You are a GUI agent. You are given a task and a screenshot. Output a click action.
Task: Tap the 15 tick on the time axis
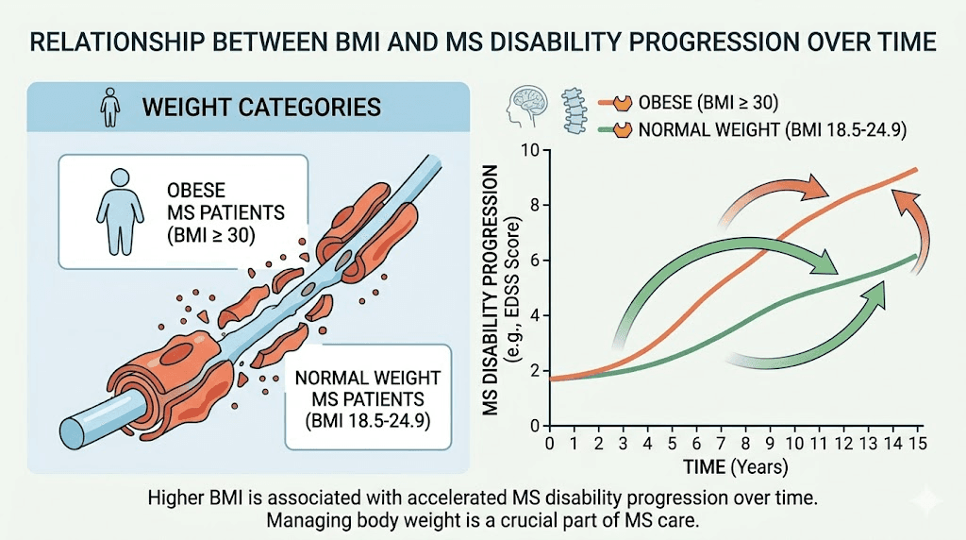(913, 442)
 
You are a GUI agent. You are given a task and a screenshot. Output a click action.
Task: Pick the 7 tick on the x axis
(720, 442)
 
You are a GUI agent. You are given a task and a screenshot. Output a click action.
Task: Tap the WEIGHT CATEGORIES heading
(261, 106)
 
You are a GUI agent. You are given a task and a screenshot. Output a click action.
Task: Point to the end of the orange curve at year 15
(916, 170)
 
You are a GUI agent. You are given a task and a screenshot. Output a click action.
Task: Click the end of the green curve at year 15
(915, 256)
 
